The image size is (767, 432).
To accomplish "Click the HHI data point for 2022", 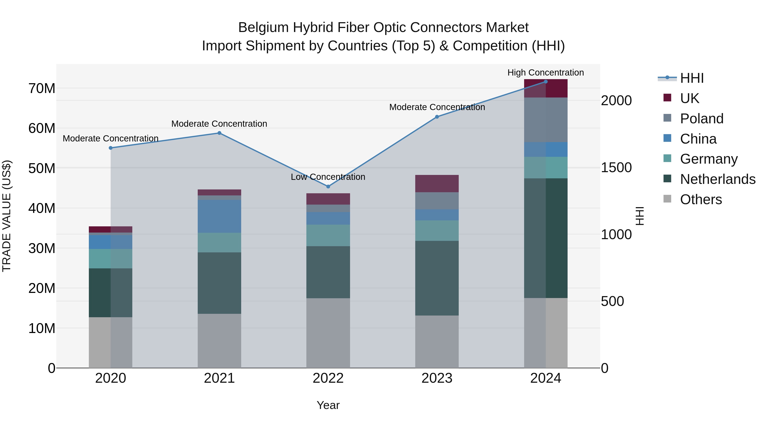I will pyautogui.click(x=328, y=187).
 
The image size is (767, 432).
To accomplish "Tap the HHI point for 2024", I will pyautogui.click(x=545, y=82).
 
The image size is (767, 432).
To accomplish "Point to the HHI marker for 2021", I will pyautogui.click(x=219, y=133).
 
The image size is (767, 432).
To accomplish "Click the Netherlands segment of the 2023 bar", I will pyautogui.click(x=437, y=278).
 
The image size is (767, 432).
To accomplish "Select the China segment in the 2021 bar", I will pyautogui.click(x=219, y=217).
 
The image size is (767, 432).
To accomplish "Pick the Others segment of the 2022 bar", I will pyautogui.click(x=328, y=333).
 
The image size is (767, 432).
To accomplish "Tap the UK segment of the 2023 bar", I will pyautogui.click(x=437, y=184).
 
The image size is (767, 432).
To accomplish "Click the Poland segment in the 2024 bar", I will pyautogui.click(x=545, y=120).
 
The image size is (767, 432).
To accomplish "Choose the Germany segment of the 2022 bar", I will pyautogui.click(x=328, y=236).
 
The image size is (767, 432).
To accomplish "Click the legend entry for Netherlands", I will pyautogui.click(x=717, y=179).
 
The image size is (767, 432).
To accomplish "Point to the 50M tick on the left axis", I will pyautogui.click(x=42, y=169).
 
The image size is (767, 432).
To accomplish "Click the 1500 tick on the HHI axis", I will pyautogui.click(x=616, y=167).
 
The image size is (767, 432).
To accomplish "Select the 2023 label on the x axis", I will pyautogui.click(x=437, y=378).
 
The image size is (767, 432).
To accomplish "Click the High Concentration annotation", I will pyautogui.click(x=545, y=73).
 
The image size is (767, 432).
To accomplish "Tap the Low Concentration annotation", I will pyautogui.click(x=328, y=177).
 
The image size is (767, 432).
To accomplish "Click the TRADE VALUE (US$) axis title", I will pyautogui.click(x=7, y=216).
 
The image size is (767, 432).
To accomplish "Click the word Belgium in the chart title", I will pyautogui.click(x=263, y=28).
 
